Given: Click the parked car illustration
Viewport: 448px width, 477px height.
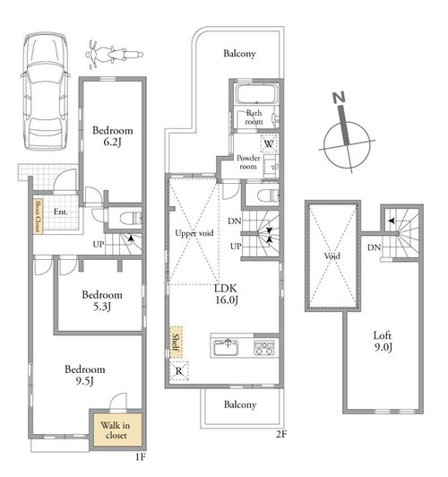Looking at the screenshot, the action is pyautogui.click(x=46, y=91).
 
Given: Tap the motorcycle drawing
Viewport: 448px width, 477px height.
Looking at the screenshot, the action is pyautogui.click(x=115, y=55).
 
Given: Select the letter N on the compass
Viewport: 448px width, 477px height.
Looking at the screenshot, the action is pyautogui.click(x=339, y=98).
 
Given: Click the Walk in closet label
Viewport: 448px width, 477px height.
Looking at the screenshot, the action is pyautogui.click(x=116, y=430).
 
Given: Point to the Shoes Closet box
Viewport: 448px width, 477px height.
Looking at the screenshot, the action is pyautogui.click(x=38, y=216).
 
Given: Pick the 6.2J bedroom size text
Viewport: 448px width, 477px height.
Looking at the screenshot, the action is pyautogui.click(x=112, y=142).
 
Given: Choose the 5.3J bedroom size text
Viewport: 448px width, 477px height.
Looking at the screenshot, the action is pyautogui.click(x=102, y=307).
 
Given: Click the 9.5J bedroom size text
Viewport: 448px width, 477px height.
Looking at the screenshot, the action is pyautogui.click(x=84, y=381).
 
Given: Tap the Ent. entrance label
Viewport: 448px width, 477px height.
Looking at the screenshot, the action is pyautogui.click(x=61, y=212).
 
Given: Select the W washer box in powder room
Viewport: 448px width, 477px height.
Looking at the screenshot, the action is pyautogui.click(x=269, y=143).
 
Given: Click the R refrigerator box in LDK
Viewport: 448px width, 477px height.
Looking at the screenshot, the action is pyautogui.click(x=179, y=371).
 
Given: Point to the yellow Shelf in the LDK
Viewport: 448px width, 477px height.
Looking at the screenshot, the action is pyautogui.click(x=176, y=343).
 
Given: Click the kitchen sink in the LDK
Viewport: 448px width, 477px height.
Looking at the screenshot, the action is pyautogui.click(x=226, y=347).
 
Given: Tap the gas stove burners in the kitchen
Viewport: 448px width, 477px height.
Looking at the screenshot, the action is pyautogui.click(x=263, y=347).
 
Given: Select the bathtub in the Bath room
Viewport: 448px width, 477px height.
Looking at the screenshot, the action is pyautogui.click(x=257, y=94).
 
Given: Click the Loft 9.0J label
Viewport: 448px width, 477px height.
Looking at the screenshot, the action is pyautogui.click(x=383, y=341).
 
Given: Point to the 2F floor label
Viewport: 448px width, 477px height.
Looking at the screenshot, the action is pyautogui.click(x=281, y=434).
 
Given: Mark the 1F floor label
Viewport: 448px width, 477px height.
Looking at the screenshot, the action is pyautogui.click(x=141, y=456).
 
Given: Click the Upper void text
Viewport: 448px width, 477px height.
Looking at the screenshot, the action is pyautogui.click(x=194, y=233).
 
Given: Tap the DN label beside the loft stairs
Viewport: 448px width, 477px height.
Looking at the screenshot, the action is pyautogui.click(x=374, y=247).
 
